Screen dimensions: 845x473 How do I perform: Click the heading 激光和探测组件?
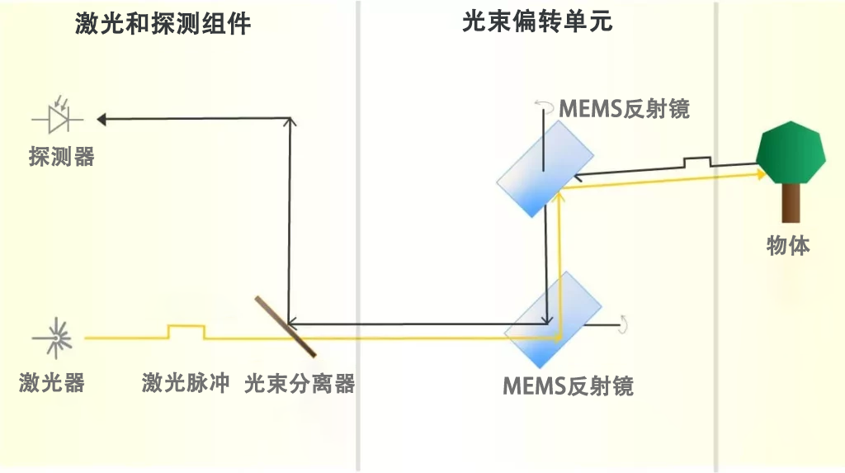point(163,24)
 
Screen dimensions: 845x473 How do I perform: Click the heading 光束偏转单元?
point(537,22)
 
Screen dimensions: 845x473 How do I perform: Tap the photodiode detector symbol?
point(58,115)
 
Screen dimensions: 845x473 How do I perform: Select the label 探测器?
point(61,157)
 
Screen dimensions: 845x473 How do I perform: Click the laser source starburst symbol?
point(55,338)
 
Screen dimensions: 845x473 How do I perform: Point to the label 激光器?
point(52,382)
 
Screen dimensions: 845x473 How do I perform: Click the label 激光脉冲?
point(186,382)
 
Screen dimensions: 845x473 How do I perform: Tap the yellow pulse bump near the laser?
point(186,331)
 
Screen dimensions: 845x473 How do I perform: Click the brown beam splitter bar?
point(286,326)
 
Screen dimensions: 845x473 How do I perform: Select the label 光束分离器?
point(300,384)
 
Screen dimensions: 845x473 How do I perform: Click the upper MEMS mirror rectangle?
point(545,169)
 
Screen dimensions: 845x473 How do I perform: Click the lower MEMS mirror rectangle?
point(553,319)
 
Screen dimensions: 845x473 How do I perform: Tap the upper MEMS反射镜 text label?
point(624,109)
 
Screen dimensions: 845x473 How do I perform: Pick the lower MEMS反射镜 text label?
point(568,386)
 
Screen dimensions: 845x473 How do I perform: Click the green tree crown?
point(791,153)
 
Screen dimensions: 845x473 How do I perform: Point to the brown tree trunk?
point(791,203)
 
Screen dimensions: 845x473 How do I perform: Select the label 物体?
point(788,245)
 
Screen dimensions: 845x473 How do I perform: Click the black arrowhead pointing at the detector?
point(101,119)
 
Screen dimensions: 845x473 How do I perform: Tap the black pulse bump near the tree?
point(697,162)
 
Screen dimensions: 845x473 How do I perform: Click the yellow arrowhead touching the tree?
point(762,173)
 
